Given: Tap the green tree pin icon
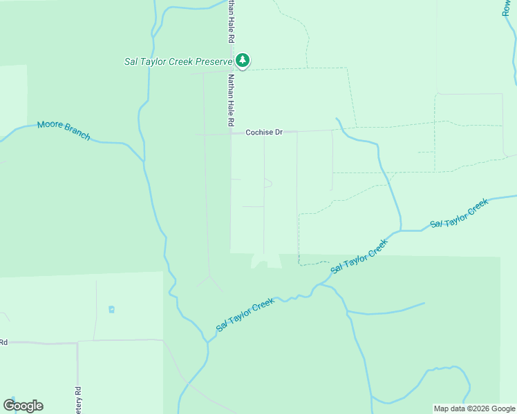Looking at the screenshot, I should tap(243, 60).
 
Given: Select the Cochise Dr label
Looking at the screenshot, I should tap(264, 132).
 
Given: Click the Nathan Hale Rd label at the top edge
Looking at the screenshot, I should tap(231, 21).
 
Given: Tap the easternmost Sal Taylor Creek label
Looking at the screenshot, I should tap(459, 213).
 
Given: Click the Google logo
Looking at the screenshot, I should tap(23, 406).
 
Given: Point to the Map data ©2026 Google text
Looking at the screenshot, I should tap(475, 408).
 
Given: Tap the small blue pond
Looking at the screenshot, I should tap(111, 309).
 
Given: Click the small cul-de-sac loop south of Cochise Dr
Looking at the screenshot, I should tap(267, 183).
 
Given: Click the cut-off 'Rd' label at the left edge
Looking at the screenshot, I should tap(3, 342).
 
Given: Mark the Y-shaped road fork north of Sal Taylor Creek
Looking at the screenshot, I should tap(210, 277).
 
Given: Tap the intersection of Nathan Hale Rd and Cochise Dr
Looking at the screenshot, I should tap(231, 132).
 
